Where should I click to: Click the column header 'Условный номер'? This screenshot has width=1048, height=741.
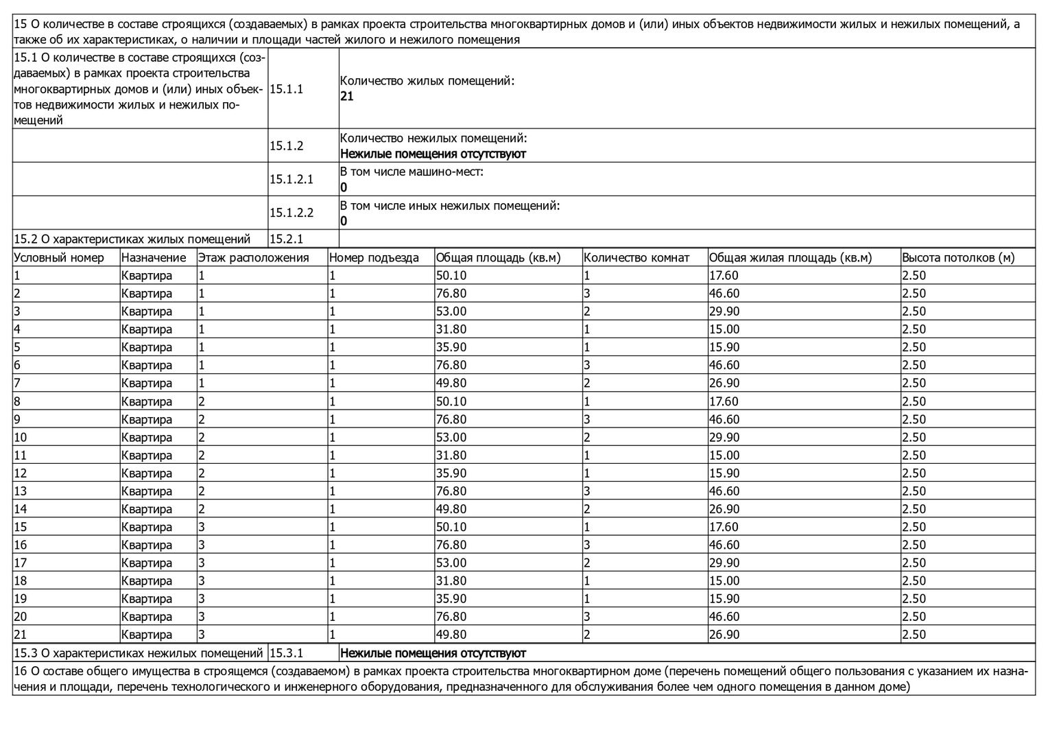pos(59,258)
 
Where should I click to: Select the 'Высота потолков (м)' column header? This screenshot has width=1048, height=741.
pos(957,258)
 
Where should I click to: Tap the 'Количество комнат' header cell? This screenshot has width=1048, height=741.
pos(636,258)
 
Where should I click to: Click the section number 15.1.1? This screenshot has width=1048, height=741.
pos(286,89)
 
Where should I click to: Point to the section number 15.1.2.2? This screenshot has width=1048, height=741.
pos(291,213)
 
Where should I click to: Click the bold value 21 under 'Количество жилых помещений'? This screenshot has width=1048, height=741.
pos(347,97)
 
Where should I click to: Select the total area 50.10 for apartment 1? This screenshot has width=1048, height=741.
pos(451,276)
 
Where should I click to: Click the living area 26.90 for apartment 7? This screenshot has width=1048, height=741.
pos(724,384)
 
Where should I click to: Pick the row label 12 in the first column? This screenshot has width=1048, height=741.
pos(21,473)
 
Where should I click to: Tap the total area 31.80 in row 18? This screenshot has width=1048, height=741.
pos(451,581)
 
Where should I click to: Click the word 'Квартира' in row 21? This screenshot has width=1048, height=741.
pos(147,635)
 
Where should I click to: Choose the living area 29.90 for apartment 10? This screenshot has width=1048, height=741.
pos(724,438)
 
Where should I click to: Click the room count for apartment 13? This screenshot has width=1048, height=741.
pos(587,491)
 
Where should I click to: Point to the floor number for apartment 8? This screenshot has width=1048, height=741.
pos(202,401)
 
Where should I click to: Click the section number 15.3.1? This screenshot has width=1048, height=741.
pos(287,653)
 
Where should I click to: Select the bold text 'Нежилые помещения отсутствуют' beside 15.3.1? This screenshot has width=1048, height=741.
pos(433,653)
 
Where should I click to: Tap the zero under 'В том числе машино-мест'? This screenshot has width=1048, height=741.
pos(344,187)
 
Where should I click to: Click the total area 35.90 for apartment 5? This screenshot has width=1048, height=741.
pos(451,348)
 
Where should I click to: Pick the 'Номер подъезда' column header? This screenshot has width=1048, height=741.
pos(374,258)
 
